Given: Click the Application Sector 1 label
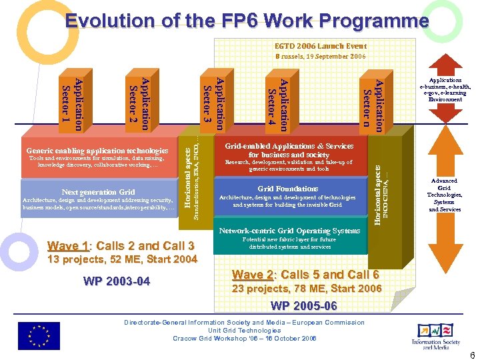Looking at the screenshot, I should (x=72, y=104).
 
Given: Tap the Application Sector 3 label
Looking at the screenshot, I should (x=214, y=104).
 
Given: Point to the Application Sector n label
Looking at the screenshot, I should (x=372, y=104).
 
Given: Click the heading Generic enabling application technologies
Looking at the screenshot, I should (x=97, y=151).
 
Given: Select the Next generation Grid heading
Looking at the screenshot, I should (x=98, y=192).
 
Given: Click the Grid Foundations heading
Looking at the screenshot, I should (x=288, y=189).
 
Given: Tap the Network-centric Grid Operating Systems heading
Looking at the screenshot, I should (x=289, y=231).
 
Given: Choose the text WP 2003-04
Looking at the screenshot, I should (x=117, y=281).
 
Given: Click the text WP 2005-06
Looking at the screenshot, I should (x=304, y=306).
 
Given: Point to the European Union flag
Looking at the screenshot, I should (x=39, y=335).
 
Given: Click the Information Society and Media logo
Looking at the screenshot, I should (x=436, y=335).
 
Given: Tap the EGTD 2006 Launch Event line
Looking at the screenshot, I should (x=321, y=46).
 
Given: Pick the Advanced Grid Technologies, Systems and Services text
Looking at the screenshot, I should (x=444, y=195).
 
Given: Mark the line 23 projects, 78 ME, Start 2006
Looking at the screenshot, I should (x=306, y=289).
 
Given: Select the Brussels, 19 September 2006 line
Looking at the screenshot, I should (x=321, y=57).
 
